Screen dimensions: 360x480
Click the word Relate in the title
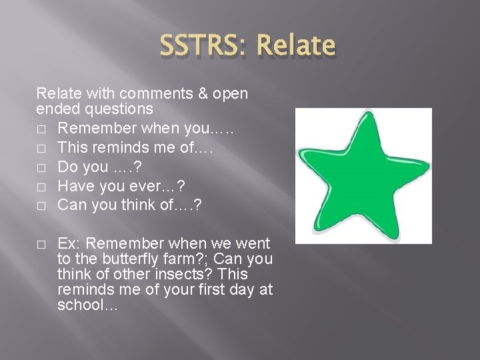tap(295, 45)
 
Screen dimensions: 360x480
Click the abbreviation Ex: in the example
tap(69, 244)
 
